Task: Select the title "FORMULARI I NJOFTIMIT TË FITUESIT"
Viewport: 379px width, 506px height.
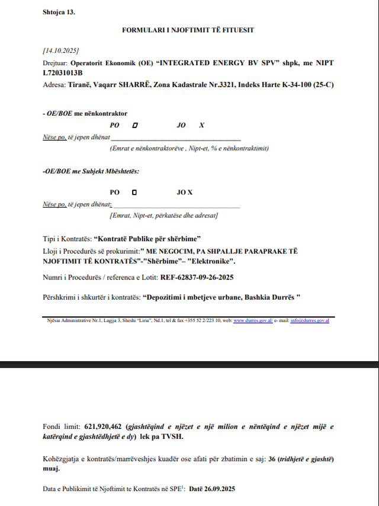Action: click(x=188, y=29)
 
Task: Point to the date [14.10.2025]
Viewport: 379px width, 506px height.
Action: click(x=61, y=50)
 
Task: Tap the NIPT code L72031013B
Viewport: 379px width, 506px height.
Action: click(x=66, y=72)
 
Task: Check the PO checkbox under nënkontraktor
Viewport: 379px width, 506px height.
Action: click(x=135, y=125)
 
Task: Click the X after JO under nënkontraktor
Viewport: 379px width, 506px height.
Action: click(x=202, y=125)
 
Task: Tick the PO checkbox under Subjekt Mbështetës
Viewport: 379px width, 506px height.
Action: click(x=134, y=192)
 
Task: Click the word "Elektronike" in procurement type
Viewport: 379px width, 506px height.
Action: click(x=216, y=261)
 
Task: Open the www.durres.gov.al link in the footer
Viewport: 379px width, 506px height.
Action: click(x=253, y=320)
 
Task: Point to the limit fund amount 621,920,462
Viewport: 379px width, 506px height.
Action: click(x=103, y=427)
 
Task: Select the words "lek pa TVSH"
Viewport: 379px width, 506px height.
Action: click(x=166, y=437)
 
